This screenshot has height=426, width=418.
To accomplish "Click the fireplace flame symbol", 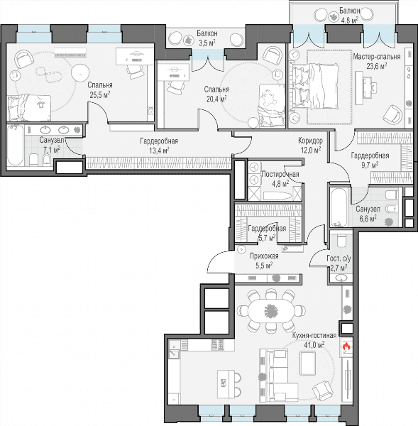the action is (x=346, y=346).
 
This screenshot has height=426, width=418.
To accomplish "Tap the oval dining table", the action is (x=271, y=310).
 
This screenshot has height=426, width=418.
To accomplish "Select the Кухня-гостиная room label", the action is (x=314, y=335).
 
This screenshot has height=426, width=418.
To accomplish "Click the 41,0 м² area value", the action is (x=314, y=345).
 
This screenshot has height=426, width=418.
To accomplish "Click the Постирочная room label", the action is (x=280, y=174).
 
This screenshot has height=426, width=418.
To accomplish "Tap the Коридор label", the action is (x=310, y=141).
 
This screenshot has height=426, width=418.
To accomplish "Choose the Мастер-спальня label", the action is (x=377, y=57).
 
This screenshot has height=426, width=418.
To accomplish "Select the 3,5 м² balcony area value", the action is (x=207, y=43).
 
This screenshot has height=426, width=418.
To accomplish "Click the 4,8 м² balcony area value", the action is (x=350, y=20).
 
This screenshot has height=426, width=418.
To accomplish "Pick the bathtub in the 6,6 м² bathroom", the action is (x=339, y=207).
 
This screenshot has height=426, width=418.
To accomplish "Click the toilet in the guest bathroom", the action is (x=341, y=240).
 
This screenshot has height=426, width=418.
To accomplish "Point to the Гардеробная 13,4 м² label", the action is (x=159, y=146).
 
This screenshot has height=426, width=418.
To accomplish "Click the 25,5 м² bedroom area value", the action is (x=100, y=94).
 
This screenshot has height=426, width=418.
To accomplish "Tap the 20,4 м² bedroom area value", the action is (x=216, y=99).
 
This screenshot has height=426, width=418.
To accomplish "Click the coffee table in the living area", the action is (x=307, y=363).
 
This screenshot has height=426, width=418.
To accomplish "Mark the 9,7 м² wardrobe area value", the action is (x=370, y=165).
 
